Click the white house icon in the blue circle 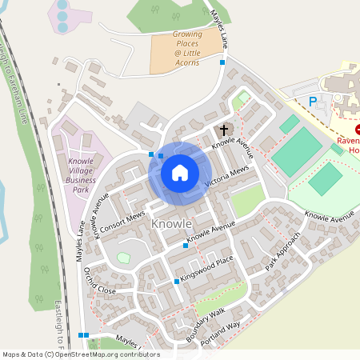180,173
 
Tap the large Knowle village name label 171,224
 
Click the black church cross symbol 223,129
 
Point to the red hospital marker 357,129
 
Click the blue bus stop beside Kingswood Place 177,281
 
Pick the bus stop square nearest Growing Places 222,62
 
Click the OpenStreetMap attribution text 80,354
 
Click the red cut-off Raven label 348,141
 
